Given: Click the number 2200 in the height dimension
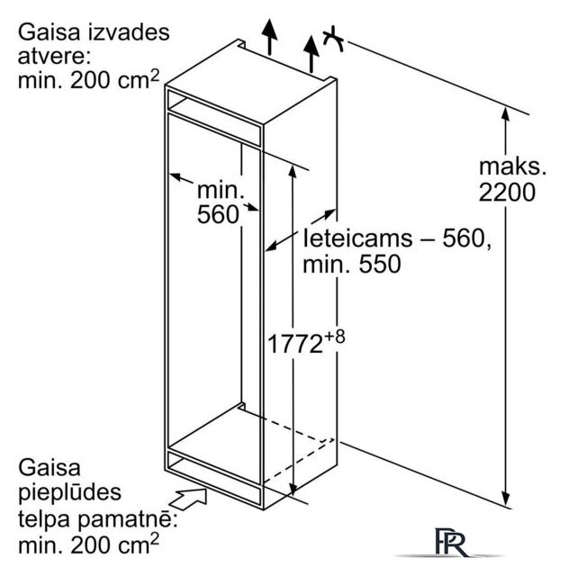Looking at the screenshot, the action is click(x=507, y=192).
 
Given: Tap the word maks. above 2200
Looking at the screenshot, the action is click(x=512, y=166).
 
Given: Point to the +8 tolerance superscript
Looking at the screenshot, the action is click(x=335, y=337).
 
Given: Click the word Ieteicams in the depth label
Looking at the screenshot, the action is click(x=358, y=238).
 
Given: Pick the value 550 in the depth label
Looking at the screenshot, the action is click(x=380, y=264).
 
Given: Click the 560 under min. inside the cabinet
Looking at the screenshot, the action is click(x=218, y=214).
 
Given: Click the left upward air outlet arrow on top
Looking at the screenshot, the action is click(x=270, y=37).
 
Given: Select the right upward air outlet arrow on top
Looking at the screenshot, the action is click(x=311, y=54).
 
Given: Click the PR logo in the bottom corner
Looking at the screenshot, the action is click(x=452, y=542).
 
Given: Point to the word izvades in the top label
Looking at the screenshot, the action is click(x=129, y=32).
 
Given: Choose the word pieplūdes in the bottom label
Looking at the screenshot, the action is click(x=70, y=493).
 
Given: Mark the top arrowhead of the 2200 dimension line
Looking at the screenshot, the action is click(x=506, y=113).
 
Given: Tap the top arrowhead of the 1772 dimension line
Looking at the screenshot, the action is click(x=293, y=172).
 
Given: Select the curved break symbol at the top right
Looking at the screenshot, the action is click(x=333, y=39).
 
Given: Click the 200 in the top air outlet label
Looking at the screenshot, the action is click(x=90, y=80).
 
